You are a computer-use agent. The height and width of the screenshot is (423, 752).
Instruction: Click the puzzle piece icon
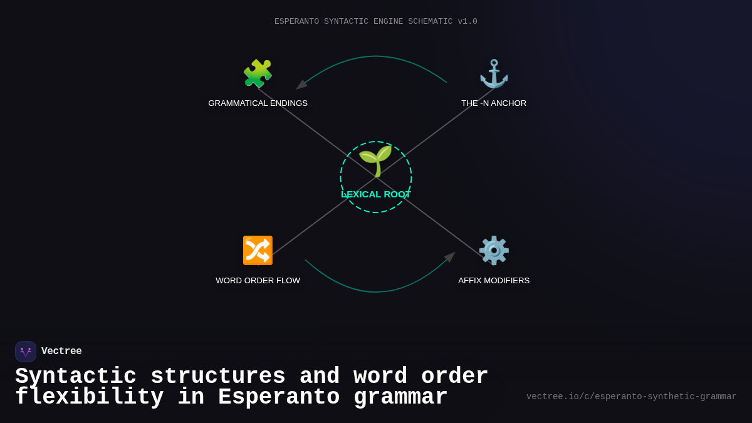(258, 74)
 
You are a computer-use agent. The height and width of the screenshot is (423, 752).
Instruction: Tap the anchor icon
(494, 74)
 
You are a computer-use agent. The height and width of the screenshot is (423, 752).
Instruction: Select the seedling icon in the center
(375, 161)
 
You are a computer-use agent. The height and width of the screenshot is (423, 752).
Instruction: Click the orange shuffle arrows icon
(258, 251)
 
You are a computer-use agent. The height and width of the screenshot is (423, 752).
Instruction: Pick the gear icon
(494, 251)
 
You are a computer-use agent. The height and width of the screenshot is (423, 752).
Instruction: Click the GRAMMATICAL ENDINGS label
(258, 103)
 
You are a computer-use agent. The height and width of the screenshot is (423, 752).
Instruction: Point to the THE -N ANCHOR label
(494, 103)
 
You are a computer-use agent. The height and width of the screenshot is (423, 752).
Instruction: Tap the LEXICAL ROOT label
(375, 194)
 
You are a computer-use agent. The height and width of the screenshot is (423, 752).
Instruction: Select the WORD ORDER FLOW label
(258, 281)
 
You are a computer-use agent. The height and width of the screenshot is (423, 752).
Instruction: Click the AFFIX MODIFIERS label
(494, 281)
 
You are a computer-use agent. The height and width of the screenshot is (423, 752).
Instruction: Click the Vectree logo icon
(26, 352)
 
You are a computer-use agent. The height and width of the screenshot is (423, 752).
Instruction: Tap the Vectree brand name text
(61, 352)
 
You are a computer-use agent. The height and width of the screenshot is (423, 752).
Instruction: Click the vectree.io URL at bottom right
(631, 397)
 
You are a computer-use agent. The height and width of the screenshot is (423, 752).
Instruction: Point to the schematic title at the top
(375, 22)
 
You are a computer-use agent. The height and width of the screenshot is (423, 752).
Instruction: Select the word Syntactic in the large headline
(76, 377)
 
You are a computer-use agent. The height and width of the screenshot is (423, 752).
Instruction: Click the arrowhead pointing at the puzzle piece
(301, 85)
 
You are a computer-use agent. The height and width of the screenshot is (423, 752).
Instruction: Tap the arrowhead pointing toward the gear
(449, 257)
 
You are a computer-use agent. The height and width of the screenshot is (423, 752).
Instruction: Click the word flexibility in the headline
(89, 397)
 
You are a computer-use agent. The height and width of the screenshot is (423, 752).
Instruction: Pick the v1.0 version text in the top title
(467, 22)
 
